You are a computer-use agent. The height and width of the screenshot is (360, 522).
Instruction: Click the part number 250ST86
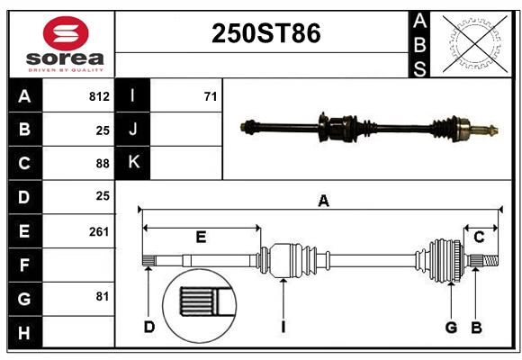(x=265, y=33)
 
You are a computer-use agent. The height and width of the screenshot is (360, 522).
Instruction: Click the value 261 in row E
(x=99, y=231)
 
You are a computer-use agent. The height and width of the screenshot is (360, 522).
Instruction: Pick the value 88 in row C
(x=103, y=163)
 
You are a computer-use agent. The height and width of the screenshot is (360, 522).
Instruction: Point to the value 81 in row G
(x=102, y=296)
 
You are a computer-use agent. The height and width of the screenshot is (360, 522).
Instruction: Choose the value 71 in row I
(x=210, y=96)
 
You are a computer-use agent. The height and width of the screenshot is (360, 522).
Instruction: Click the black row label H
(x=24, y=333)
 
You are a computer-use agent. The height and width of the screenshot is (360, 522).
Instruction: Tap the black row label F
(x=24, y=265)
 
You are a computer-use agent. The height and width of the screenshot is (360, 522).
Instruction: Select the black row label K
(x=133, y=163)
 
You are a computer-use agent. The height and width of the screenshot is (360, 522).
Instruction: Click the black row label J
(x=133, y=130)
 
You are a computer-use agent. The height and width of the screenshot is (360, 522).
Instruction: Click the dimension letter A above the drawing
(x=323, y=202)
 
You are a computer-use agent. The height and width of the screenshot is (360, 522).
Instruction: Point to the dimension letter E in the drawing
(x=201, y=238)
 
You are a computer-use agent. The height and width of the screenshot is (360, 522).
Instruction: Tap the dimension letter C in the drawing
(x=479, y=237)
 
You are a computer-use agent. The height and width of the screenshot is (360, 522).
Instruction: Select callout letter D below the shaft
(x=149, y=327)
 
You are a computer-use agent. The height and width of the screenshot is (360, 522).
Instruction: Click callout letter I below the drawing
(x=283, y=327)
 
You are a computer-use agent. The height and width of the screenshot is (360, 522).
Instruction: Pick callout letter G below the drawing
(x=451, y=327)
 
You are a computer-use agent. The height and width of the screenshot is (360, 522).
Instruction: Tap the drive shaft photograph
(x=369, y=127)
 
